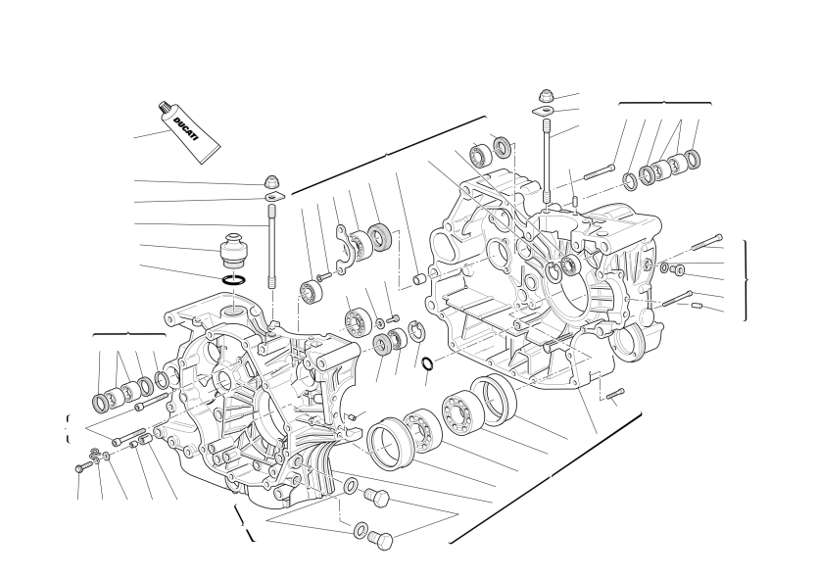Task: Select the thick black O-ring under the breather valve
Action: tap(234, 280)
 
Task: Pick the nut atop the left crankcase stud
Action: tap(271, 182)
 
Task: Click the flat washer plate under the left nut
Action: tap(274, 197)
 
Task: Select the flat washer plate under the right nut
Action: tap(544, 111)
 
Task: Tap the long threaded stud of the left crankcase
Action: tap(271, 246)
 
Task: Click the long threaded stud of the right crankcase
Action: tap(547, 162)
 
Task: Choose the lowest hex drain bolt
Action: tap(381, 541)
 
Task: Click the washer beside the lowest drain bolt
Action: tap(360, 531)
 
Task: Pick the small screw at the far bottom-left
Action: tap(79, 468)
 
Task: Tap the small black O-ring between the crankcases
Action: tap(427, 363)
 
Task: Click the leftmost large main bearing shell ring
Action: tap(390, 444)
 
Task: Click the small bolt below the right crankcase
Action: tap(615, 395)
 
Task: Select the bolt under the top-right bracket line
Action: tap(600, 171)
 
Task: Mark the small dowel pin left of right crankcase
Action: tap(419, 279)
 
